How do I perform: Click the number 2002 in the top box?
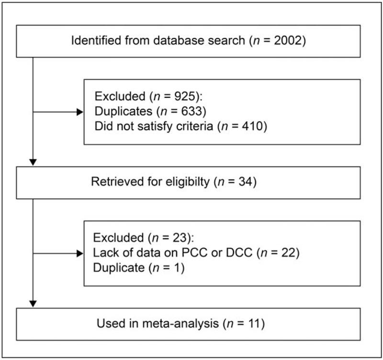tap(287, 40)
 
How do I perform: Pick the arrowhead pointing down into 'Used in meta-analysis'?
tap(33, 303)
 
